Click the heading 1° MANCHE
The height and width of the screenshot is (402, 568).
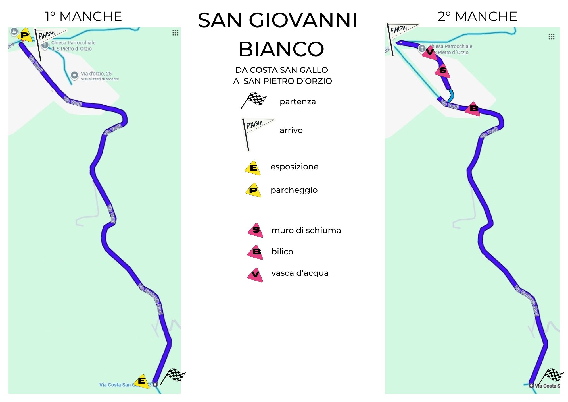pos(83,16)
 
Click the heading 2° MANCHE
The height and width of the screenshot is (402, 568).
pos(477,16)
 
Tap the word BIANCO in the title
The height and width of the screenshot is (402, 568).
pos(281,49)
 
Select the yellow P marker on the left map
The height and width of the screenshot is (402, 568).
pos(25,36)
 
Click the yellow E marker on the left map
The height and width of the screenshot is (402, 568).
pos(141,381)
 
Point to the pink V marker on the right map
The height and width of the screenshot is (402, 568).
pos(430,52)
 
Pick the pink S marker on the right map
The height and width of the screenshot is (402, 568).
pos(443,71)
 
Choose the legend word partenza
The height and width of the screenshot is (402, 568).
pos(298,102)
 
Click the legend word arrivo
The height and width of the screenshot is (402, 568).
pos(291,130)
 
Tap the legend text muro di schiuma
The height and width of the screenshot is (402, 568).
pos(306,230)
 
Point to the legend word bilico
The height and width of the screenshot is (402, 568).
pos(282,252)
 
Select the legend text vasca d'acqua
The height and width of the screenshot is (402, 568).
pos(300,273)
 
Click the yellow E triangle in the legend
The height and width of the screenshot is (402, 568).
pos(253,168)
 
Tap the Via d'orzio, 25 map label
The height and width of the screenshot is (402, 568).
pos(96,74)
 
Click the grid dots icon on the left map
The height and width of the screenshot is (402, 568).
pos(175,33)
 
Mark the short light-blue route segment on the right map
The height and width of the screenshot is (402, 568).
pos(451,96)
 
